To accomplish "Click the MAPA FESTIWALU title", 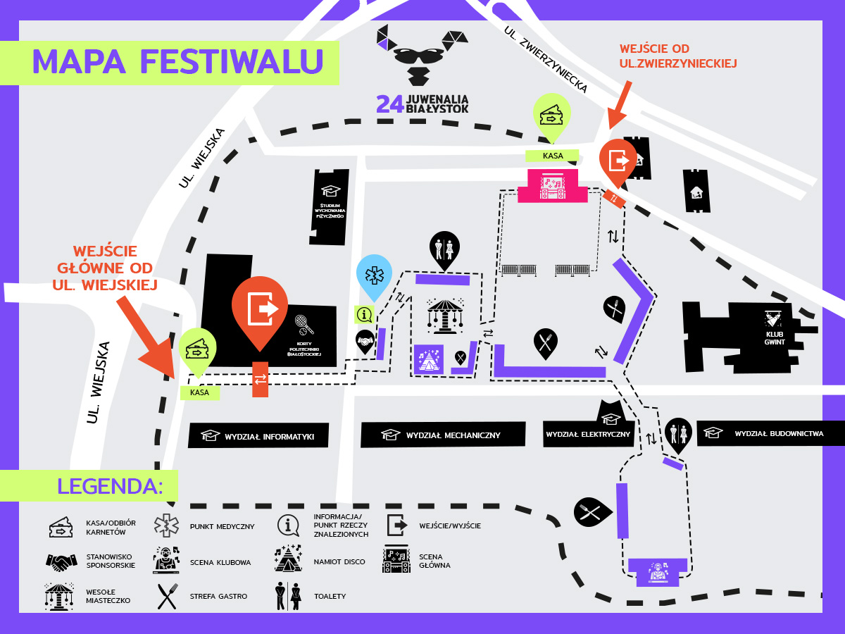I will (x=177, y=61).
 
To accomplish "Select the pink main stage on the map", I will (x=553, y=186).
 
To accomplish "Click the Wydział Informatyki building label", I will (x=260, y=435).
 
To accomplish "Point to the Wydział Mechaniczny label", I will (x=443, y=435).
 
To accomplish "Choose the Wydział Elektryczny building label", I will (x=587, y=433).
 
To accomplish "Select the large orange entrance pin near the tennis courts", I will (x=260, y=309).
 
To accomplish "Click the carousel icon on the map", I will (x=445, y=316).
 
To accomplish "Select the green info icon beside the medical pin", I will (x=364, y=314).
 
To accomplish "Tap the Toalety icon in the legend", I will (x=289, y=596).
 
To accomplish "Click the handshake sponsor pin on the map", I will (x=365, y=342).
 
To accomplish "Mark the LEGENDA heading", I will (x=110, y=485).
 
